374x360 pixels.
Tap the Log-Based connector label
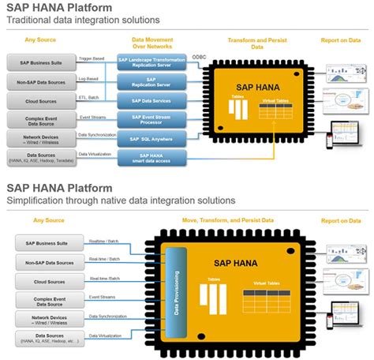click(x=89, y=77)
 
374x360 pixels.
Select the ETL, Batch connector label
click(x=90, y=96)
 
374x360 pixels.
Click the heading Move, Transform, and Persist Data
click(x=239, y=219)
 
